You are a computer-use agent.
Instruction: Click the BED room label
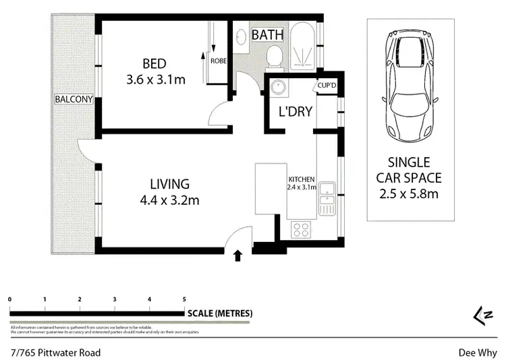[x=154, y=63]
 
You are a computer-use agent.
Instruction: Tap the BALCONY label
[x=74, y=99]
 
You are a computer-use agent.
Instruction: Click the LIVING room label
[x=169, y=183]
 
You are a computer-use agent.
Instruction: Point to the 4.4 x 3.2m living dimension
[x=169, y=200]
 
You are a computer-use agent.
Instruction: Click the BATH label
[x=268, y=34]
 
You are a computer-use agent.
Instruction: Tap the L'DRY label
[x=296, y=111]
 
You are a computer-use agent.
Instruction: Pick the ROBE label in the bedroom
[x=219, y=60]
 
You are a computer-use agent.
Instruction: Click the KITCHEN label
[x=302, y=179]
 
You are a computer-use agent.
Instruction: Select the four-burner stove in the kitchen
[x=301, y=230]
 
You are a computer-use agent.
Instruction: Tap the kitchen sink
[x=327, y=198]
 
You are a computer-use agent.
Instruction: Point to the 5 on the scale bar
[x=184, y=298]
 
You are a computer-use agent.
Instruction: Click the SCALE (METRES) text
[x=220, y=313]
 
